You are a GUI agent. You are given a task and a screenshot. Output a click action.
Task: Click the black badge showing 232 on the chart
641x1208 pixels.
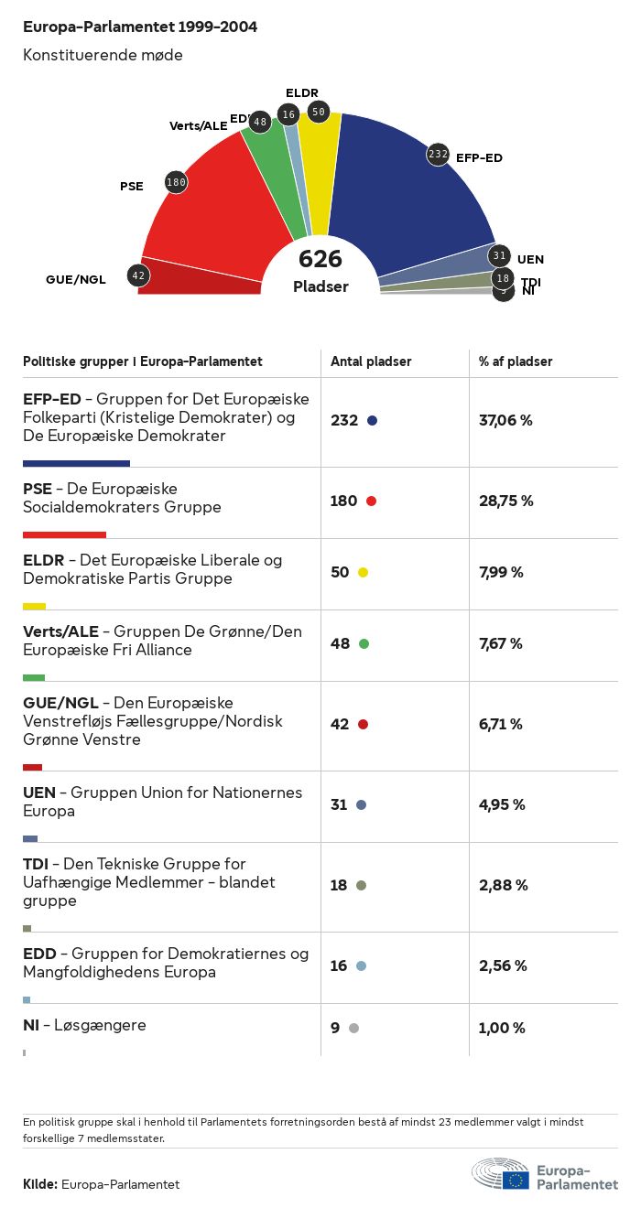click(438, 154)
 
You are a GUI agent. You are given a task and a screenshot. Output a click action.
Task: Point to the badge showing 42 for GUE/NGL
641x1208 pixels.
click(138, 275)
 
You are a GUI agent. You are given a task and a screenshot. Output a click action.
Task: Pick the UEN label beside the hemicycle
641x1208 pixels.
click(530, 259)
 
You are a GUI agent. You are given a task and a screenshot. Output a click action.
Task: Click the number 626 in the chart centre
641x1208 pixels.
click(320, 259)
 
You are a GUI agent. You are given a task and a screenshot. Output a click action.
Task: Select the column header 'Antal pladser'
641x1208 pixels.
click(371, 361)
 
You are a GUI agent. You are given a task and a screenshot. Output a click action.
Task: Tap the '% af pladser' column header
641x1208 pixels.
click(516, 361)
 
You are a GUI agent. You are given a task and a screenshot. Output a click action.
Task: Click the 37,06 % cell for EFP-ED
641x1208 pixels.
click(505, 421)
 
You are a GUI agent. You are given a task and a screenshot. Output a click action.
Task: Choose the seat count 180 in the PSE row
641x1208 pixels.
click(343, 502)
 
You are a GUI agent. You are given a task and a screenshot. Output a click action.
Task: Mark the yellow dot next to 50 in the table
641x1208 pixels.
click(363, 573)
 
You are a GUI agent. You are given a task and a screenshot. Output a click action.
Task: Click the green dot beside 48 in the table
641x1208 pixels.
click(364, 644)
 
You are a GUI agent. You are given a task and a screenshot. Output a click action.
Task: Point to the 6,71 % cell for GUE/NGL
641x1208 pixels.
click(500, 725)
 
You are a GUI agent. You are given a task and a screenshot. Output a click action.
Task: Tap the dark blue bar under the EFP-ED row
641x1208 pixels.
click(76, 463)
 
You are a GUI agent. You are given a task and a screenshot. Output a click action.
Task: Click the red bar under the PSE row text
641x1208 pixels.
click(64, 534)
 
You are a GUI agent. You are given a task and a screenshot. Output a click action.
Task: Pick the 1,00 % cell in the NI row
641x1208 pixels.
click(502, 1029)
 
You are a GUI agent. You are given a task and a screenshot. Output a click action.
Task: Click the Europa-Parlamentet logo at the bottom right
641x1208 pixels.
click(544, 1173)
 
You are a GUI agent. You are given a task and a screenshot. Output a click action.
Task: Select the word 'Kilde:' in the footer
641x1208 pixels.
click(40, 1184)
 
